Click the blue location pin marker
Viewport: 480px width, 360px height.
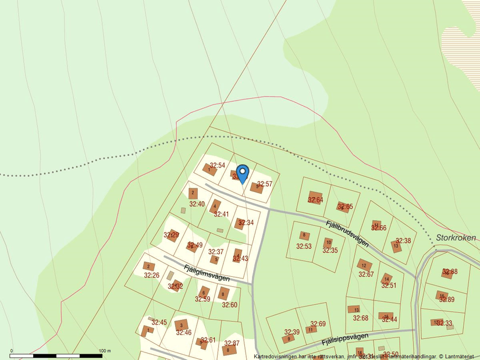coord(243,172)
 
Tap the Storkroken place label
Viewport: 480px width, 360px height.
coord(456,238)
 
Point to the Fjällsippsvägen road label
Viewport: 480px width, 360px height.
coord(345,340)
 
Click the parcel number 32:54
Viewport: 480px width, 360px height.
coord(217,166)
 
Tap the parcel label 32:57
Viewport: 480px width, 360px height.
coord(265,184)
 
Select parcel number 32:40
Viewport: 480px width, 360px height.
coord(197,204)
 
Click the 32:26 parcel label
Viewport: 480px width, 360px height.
coord(151,275)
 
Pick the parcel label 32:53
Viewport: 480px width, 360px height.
coord(304,247)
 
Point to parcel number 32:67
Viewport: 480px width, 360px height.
coord(366,275)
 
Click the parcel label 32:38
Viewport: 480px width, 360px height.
coord(403,241)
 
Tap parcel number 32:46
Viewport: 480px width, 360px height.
coord(184,333)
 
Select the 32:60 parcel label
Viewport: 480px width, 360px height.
coord(229,305)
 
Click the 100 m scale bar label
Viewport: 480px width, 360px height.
coord(105,351)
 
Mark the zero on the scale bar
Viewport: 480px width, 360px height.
coord(11,351)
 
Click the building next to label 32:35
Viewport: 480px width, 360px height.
coord(328,243)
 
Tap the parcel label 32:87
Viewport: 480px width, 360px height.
coord(232,343)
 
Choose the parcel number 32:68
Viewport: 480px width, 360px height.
coord(361,318)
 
